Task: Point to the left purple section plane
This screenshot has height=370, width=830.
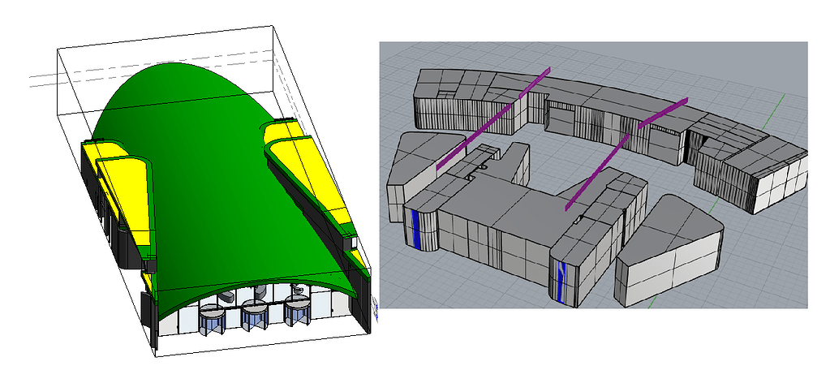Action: coord(491,122)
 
